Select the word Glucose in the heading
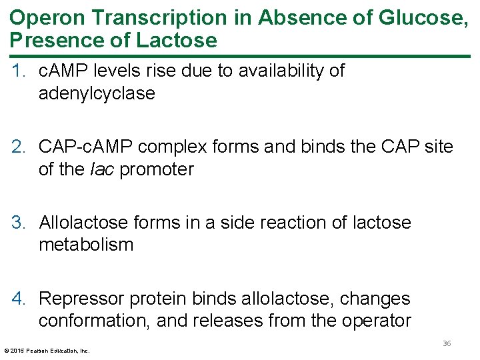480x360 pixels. pos(423,17)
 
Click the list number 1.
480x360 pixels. pos(17,71)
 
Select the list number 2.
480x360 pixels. pos(17,146)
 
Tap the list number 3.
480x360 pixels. pos(17,222)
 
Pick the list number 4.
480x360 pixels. pos(17,298)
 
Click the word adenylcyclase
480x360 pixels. pos(97,93)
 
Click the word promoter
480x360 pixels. pos(157,169)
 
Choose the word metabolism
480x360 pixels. pos(86,245)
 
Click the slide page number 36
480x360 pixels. pos(447,343)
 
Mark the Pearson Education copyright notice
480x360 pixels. pos(47,350)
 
